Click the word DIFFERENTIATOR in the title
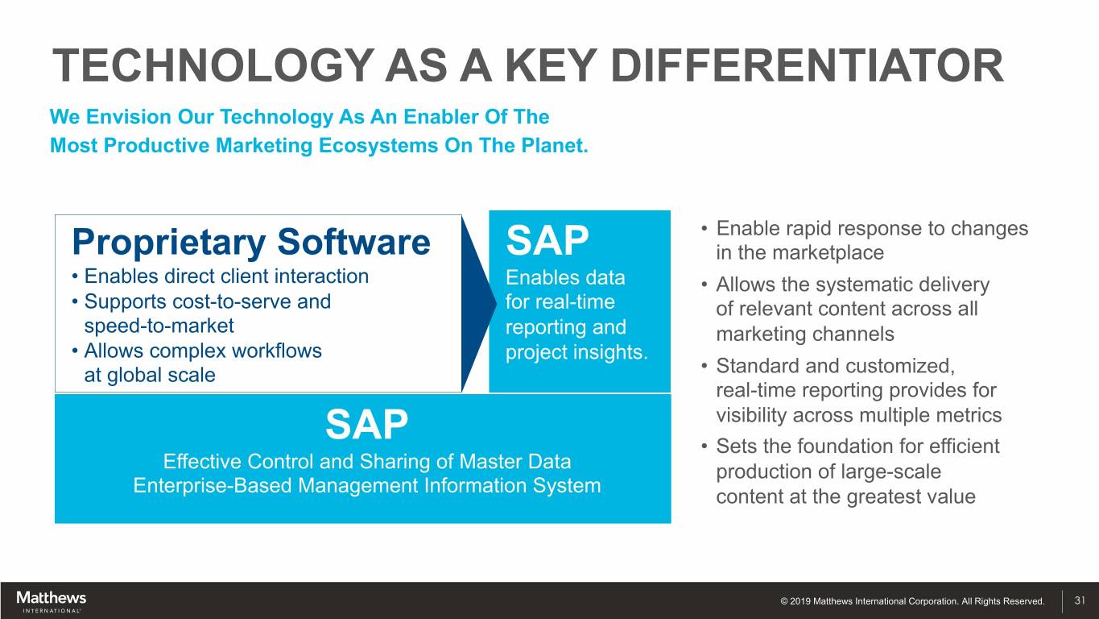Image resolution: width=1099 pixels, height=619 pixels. [x=807, y=66]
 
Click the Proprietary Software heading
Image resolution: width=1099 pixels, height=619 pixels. [x=250, y=243]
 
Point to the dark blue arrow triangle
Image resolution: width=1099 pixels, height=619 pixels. [x=479, y=304]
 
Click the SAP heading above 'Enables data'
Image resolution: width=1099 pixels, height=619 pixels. [x=547, y=240]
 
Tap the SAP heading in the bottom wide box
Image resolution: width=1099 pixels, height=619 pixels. [x=366, y=425]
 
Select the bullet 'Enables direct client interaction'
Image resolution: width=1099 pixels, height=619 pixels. [x=220, y=276]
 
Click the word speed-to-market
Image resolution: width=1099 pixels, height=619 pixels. [x=159, y=326]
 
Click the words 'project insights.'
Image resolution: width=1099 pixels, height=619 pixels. [x=576, y=352]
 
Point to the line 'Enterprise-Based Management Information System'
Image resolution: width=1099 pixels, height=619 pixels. [x=367, y=485]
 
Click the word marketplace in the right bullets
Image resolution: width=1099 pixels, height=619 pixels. [x=828, y=252]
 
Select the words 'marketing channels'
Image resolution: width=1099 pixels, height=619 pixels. [x=805, y=334]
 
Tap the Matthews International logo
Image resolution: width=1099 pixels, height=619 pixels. [x=51, y=601]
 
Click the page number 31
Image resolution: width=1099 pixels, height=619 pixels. [x=1080, y=600]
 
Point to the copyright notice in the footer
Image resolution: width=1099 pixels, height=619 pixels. [x=912, y=600]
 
